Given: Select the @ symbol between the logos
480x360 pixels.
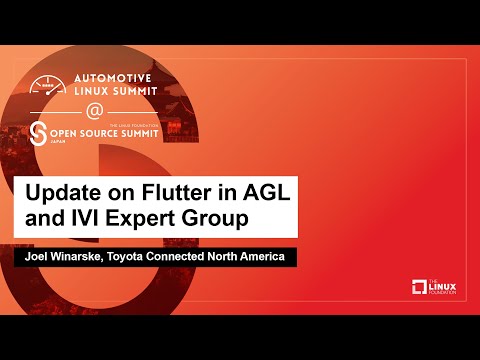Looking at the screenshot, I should (x=94, y=110).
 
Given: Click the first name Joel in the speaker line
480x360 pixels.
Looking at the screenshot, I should (x=39, y=258).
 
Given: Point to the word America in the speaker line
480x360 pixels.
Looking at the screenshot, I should (x=262, y=258).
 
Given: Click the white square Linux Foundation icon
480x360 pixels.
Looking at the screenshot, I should (x=419, y=288).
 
